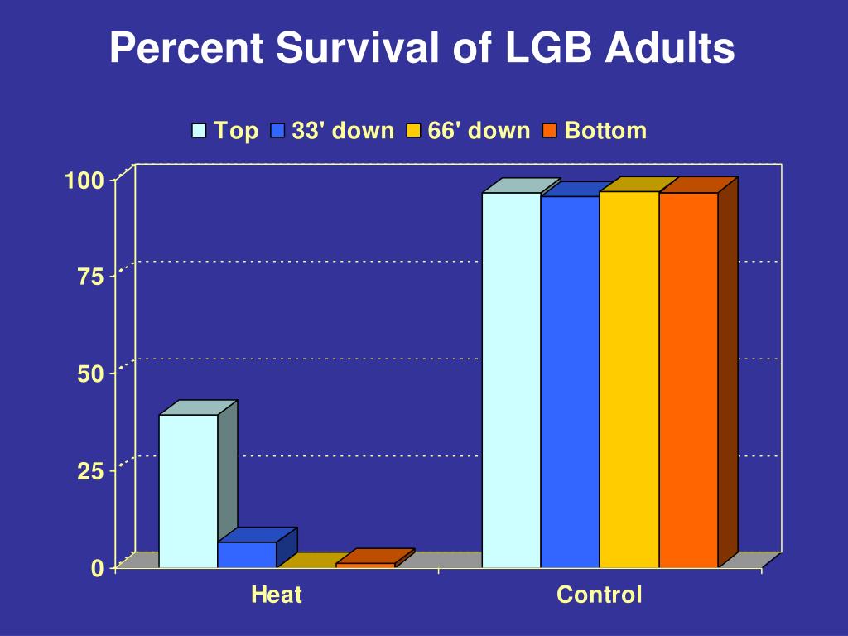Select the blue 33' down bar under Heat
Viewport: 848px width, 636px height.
pyautogui.click(x=247, y=555)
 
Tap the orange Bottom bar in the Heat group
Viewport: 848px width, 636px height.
pyautogui.click(x=365, y=565)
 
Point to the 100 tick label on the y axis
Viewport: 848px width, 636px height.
pyautogui.click(x=84, y=180)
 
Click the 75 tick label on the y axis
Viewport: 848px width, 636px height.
pyautogui.click(x=91, y=277)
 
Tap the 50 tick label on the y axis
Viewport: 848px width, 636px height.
pyautogui.click(x=91, y=373)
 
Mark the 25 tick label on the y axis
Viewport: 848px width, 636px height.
pyautogui.click(x=91, y=471)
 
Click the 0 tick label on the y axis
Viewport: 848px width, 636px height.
pyautogui.click(x=98, y=568)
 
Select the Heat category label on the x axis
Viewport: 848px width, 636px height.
pyautogui.click(x=277, y=595)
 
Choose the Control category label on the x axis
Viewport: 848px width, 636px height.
pyautogui.click(x=599, y=595)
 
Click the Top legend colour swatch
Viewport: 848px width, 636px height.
pyautogui.click(x=200, y=131)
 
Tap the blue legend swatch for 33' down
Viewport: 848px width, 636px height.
pyautogui.click(x=277, y=131)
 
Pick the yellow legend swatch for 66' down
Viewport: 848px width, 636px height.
pyautogui.click(x=414, y=131)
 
